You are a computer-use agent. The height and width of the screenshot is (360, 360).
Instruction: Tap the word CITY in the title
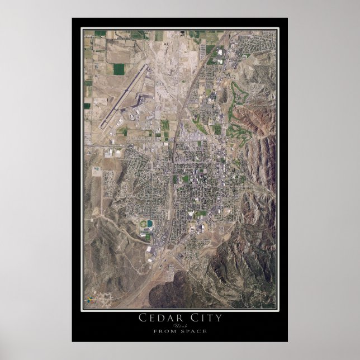tap(205, 318)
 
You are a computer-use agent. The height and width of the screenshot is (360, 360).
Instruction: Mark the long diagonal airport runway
tap(124, 96)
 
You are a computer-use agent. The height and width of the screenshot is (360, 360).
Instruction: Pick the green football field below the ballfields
tap(148, 236)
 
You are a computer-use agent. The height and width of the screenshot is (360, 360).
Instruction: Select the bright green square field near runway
tap(119, 69)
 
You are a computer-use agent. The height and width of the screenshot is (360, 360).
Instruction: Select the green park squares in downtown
tap(186, 179)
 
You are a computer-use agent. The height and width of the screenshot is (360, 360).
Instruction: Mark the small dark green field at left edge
tap(87, 105)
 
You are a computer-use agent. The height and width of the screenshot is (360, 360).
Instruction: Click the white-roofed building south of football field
tap(151, 249)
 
